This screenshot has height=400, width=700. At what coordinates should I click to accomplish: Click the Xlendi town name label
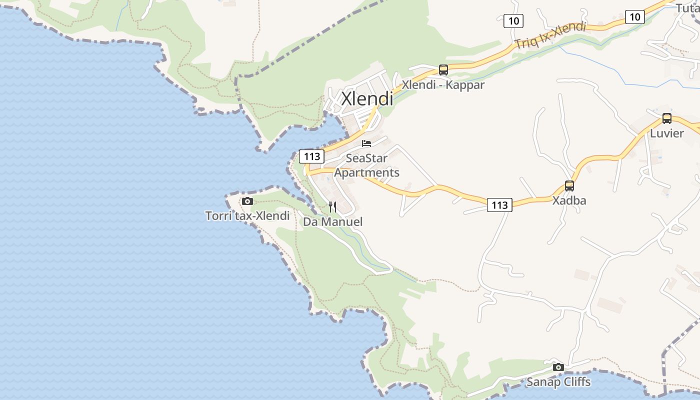click(367, 98)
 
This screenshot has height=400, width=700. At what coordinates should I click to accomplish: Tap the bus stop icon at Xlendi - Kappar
click(443, 70)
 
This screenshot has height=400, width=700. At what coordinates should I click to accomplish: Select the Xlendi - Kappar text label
click(443, 85)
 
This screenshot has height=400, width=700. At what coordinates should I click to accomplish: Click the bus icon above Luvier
click(666, 118)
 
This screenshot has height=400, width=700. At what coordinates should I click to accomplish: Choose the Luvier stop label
click(666, 133)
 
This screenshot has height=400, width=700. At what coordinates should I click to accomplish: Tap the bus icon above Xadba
click(569, 186)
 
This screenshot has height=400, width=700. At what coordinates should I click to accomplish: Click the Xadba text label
click(569, 201)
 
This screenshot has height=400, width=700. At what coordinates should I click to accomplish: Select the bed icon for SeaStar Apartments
click(366, 143)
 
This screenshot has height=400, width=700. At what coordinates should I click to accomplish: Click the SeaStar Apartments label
click(366, 165)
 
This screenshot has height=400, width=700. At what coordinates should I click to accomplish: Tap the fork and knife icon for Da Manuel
click(332, 207)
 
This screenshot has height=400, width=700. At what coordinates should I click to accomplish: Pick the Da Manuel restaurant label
click(332, 221)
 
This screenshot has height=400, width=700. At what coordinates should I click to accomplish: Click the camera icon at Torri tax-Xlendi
click(247, 201)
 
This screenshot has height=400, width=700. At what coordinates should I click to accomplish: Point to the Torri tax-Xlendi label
click(247, 216)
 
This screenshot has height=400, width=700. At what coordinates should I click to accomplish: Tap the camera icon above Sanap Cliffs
click(558, 367)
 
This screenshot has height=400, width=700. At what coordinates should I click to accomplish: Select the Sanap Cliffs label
click(558, 382)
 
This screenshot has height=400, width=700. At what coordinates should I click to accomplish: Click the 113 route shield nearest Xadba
click(499, 205)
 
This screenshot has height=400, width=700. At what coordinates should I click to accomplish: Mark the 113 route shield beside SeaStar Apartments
click(311, 156)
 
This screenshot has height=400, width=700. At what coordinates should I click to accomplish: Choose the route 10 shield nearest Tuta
click(634, 17)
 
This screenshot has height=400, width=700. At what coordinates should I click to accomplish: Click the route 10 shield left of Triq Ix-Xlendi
click(513, 21)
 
